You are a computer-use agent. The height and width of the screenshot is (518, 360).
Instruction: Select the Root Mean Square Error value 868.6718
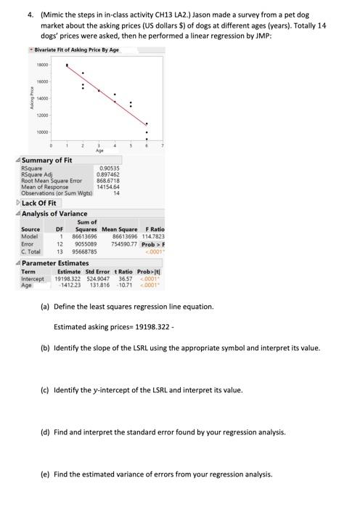pyautogui.click(x=108, y=180)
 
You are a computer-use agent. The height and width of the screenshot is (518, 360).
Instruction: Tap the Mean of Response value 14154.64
pyautogui.click(x=108, y=186)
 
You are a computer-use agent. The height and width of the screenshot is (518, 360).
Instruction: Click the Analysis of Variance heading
pyautogui.click(x=54, y=214)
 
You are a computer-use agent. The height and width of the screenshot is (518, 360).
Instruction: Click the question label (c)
pyautogui.click(x=44, y=389)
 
